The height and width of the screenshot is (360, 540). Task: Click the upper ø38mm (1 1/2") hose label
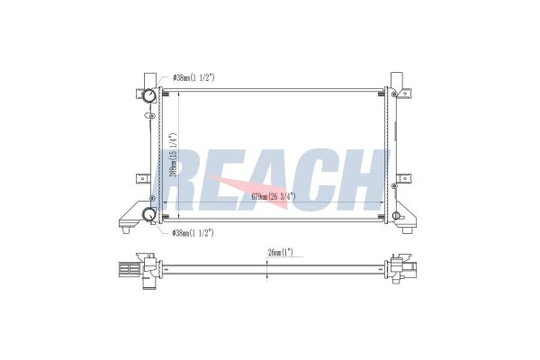[x=193, y=78]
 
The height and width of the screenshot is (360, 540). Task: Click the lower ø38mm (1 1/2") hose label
[x=193, y=233]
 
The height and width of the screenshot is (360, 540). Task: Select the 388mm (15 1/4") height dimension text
[x=174, y=155]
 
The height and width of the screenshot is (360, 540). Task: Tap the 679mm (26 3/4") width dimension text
[x=274, y=197]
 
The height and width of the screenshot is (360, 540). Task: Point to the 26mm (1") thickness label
[x=280, y=253]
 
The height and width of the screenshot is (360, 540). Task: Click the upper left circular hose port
[x=149, y=95]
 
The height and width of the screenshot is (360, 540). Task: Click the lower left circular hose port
[x=149, y=214]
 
